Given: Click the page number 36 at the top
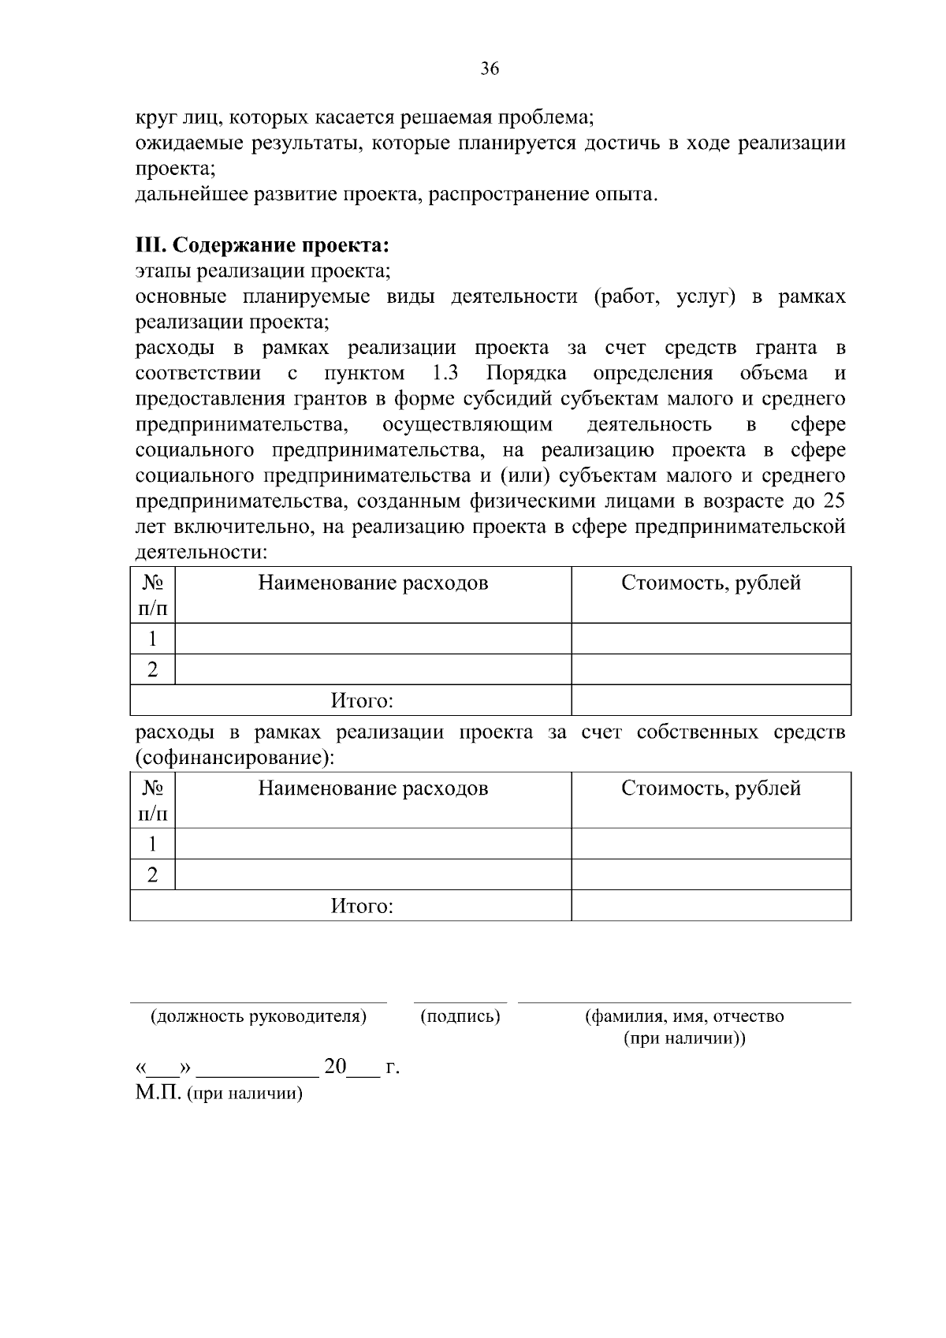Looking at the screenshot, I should point(490,69).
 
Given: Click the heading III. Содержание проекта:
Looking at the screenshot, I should point(263,245).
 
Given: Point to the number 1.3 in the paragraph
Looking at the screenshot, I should point(446,373).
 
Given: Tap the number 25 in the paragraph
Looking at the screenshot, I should point(835,501).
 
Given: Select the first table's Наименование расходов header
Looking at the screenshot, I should point(373,583).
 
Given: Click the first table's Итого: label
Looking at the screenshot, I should point(361,700).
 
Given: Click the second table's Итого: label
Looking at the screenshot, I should point(361,906).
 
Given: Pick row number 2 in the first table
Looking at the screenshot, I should point(152,669).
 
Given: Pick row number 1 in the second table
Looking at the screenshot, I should point(152,844).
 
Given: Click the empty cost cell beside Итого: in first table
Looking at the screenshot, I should point(710,700).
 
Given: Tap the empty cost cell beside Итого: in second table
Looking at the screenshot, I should point(710,906).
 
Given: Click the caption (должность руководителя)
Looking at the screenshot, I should point(259,1016).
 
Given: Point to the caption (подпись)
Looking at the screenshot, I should point(460,1016).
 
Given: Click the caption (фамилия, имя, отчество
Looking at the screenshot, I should point(683,1016).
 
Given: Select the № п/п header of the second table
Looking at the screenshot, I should point(152,799).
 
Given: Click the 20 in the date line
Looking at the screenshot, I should point(335,1067).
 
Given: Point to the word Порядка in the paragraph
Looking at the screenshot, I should point(526,373).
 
